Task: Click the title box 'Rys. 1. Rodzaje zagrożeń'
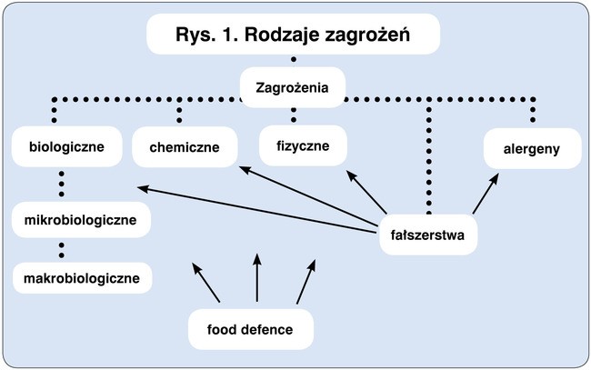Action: coord(293,35)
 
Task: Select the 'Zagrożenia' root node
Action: coord(292,87)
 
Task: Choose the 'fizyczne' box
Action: coord(294,145)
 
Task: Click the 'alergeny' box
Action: coord(532,148)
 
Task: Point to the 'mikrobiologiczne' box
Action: coord(81,220)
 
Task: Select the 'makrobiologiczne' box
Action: coord(82,276)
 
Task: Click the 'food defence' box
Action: coord(250,329)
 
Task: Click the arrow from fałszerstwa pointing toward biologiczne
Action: coord(259,207)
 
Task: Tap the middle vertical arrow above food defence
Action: coord(257,278)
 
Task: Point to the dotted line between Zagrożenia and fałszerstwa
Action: coord(427,155)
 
